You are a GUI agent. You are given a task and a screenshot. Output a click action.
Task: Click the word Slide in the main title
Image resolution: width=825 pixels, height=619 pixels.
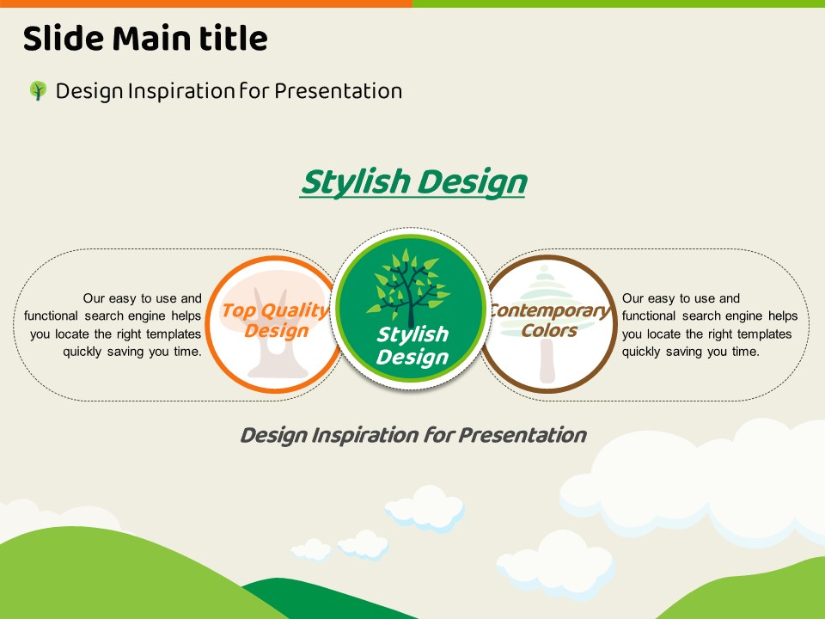tap(64, 39)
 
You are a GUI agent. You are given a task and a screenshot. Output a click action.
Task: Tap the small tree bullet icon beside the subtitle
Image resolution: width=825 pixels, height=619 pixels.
tap(38, 90)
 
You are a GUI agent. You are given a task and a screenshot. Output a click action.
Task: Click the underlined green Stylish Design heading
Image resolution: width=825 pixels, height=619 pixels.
tap(413, 182)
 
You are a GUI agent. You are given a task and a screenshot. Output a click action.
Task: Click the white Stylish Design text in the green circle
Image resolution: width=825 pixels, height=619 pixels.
tap(413, 346)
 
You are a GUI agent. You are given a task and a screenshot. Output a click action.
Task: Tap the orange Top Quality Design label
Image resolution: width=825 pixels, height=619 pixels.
tap(276, 320)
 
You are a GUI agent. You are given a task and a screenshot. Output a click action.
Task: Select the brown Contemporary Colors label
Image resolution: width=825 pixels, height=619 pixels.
tap(550, 320)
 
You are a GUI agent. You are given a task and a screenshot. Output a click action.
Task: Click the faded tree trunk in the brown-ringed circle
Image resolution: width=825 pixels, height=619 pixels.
tap(547, 361)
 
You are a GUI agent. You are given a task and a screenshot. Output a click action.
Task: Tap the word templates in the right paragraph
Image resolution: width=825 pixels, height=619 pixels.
tap(765, 334)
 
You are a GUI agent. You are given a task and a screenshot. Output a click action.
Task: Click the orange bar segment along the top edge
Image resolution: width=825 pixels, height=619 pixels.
tap(206, 3)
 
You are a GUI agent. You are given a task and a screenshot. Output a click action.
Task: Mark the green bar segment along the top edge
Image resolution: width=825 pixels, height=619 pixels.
tap(619, 3)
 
